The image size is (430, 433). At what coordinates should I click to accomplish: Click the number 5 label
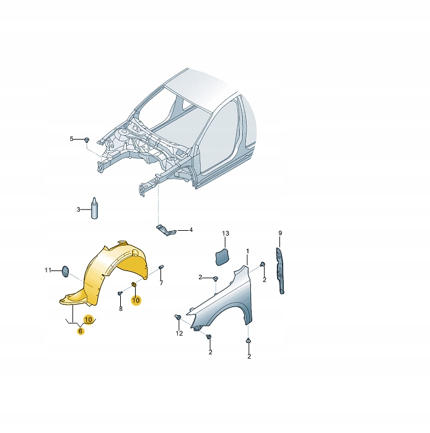click(71, 138)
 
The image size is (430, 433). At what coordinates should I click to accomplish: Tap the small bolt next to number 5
click(87, 139)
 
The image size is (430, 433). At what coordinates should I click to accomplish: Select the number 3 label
click(79, 210)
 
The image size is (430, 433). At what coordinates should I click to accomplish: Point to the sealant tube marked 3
click(95, 208)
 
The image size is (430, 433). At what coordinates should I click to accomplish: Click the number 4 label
click(191, 230)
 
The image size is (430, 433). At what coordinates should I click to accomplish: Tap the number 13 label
click(226, 233)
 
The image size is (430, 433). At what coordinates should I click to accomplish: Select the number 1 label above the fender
click(247, 251)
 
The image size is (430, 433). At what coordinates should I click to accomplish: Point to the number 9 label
click(279, 233)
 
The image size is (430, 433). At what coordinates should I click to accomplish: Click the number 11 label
click(48, 270)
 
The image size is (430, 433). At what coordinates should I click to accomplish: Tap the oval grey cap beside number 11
click(63, 270)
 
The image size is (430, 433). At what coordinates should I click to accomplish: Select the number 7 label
click(161, 283)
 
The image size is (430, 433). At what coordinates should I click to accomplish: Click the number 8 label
click(121, 308)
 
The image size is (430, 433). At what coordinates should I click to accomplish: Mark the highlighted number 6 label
click(80, 331)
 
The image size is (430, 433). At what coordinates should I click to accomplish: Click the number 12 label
click(179, 333)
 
